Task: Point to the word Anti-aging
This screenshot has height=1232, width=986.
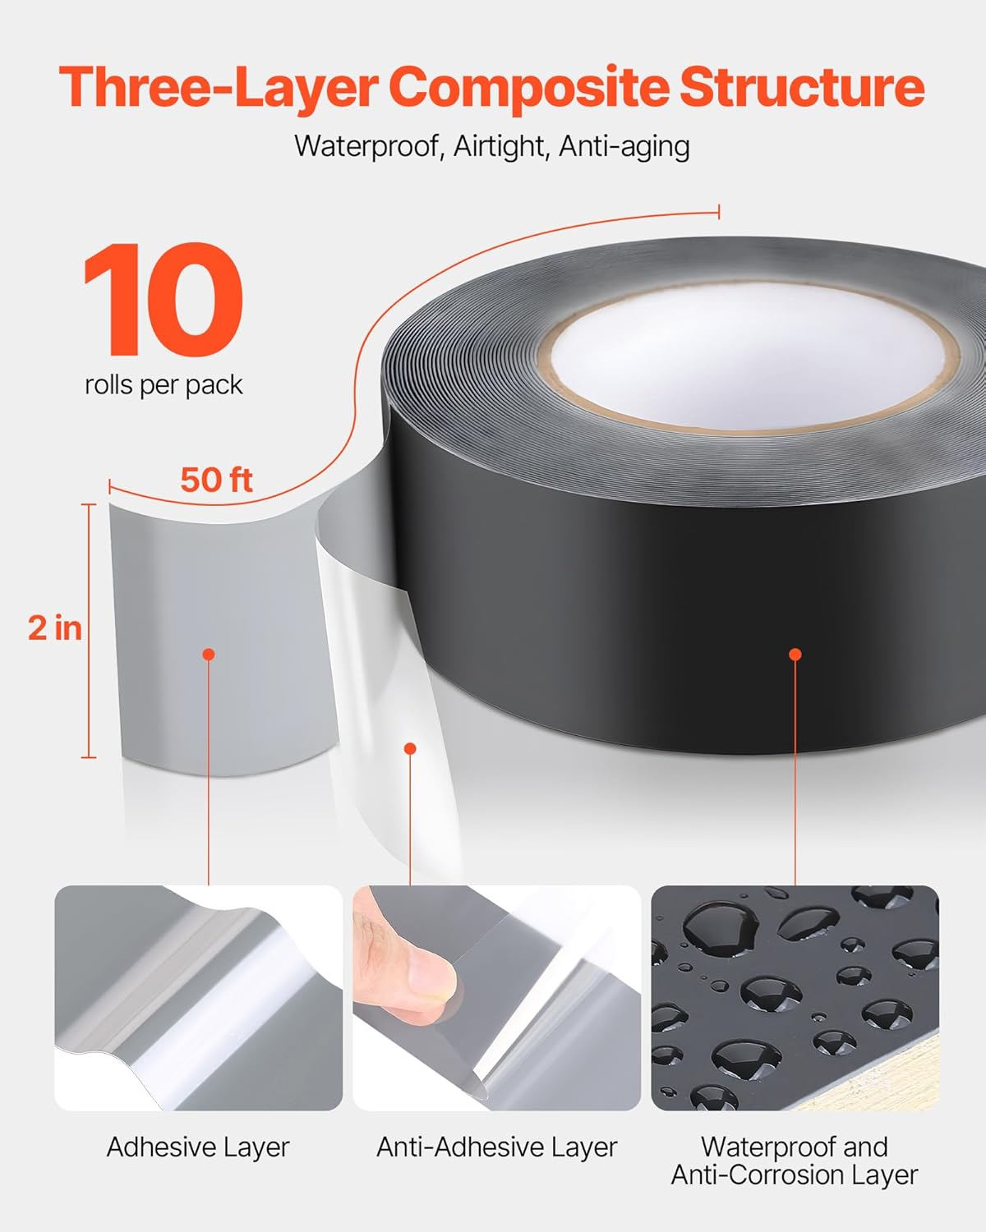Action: tap(624, 146)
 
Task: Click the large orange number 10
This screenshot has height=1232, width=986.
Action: tap(164, 300)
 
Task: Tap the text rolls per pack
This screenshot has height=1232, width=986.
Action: tap(164, 384)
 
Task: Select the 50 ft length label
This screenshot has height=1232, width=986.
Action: tap(216, 480)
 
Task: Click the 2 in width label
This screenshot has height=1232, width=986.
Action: tap(55, 628)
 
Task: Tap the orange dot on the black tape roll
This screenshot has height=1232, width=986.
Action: tap(795, 655)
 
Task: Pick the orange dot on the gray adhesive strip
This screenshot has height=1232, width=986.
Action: tap(209, 655)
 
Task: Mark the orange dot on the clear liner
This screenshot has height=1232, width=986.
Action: tap(410, 748)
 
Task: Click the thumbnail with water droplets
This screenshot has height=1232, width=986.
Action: tap(795, 998)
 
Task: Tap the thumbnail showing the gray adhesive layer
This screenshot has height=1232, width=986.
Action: tap(198, 998)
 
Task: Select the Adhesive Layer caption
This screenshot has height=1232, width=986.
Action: tap(198, 1147)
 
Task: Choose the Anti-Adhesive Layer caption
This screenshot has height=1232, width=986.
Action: tap(496, 1147)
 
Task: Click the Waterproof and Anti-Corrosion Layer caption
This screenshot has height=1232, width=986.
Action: tap(795, 1161)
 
